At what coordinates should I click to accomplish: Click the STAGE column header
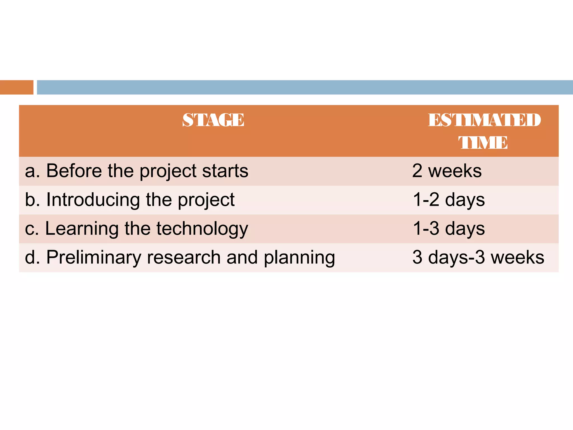pos(213,120)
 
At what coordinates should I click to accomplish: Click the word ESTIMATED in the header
pos(484,120)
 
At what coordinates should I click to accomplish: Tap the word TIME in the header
pos(483,142)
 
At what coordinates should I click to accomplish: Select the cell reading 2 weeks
pos(447,171)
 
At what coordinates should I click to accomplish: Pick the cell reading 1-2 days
pos(449,200)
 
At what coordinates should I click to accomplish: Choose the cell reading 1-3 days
pos(449,229)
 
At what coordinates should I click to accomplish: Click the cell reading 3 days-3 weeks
pos(478,257)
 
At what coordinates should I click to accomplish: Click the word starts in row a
pos(225,171)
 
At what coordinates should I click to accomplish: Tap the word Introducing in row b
pos(93,200)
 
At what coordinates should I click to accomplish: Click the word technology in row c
pos(202,229)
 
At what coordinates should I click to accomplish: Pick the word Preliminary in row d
pos(94,257)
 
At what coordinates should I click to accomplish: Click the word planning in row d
pos(299,258)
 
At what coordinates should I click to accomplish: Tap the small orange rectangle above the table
pos(17,87)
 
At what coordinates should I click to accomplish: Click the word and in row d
pos(242,257)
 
